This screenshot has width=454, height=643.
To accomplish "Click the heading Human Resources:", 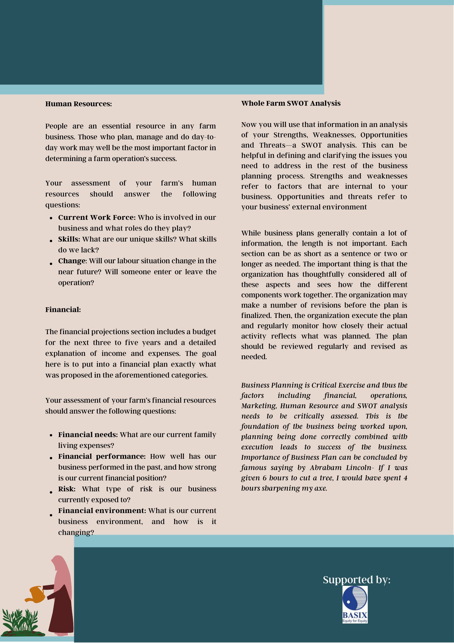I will [x=78, y=104].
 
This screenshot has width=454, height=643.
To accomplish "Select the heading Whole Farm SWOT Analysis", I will [x=291, y=103].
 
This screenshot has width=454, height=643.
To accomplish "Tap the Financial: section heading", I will [x=63, y=309].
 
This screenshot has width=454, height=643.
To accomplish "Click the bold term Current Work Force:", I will [x=97, y=218].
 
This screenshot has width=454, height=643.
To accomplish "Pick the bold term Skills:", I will [x=69, y=239].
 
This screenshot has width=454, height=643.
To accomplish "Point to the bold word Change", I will [x=72, y=261].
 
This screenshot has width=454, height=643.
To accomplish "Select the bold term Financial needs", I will [x=88, y=434].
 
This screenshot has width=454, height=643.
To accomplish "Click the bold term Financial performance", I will [x=101, y=456].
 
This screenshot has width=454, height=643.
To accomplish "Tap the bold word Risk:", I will [x=67, y=489].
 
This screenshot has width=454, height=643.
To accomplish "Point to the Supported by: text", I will [x=356, y=580].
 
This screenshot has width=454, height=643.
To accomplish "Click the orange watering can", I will [x=35, y=594].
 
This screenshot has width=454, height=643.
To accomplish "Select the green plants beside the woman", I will [x=21, y=622].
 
